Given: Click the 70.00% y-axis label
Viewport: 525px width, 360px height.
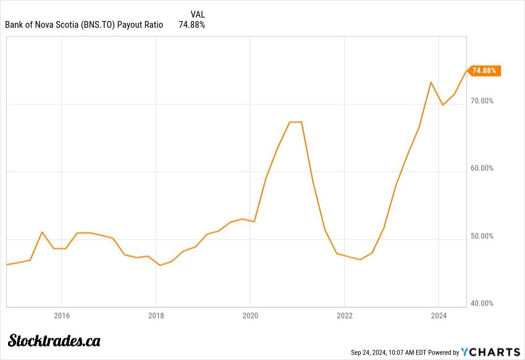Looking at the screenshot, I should (482, 101).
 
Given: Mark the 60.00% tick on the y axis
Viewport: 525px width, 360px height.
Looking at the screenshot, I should (482, 168).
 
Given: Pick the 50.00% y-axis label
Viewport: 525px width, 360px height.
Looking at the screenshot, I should (482, 236).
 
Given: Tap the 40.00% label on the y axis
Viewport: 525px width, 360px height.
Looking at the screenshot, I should (482, 303).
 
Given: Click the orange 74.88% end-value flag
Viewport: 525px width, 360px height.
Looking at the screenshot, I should (484, 71).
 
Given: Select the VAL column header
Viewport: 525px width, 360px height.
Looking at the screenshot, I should (198, 14).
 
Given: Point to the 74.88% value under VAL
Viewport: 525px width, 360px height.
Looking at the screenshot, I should (191, 25).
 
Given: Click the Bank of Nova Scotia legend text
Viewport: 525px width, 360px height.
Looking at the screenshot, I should (84, 25).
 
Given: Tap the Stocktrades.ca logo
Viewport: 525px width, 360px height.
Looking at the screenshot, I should (54, 340).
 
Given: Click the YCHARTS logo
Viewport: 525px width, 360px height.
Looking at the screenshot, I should (490, 352).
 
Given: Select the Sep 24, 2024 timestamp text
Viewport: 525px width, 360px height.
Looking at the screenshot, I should (387, 353).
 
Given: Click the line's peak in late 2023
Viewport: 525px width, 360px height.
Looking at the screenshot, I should (431, 82).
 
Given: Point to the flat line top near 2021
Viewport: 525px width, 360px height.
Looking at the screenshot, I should (295, 122).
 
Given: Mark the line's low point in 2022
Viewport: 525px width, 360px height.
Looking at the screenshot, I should (359, 259).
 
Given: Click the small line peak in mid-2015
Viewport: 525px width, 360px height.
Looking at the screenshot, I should (41, 232).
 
